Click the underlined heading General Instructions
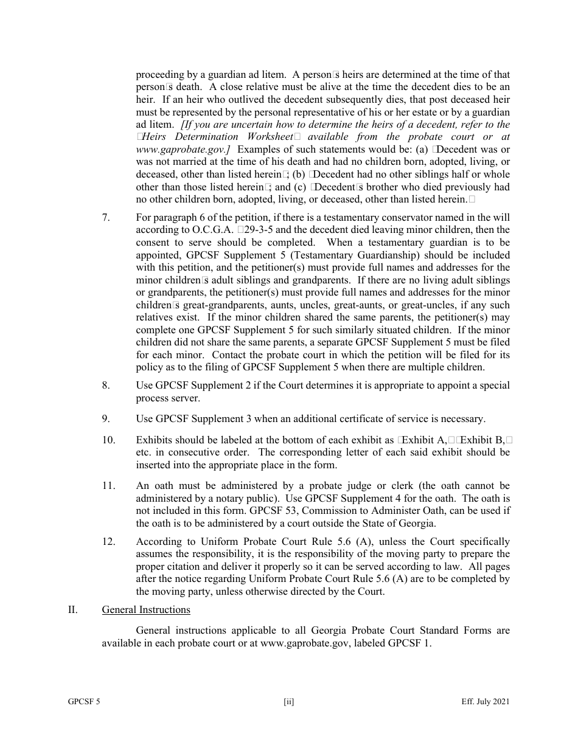click(x=146, y=609)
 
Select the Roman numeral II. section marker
click(x=72, y=609)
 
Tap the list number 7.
click(x=106, y=217)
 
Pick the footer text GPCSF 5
click(x=84, y=702)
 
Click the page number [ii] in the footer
click(x=288, y=702)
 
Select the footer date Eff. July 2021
click(x=486, y=702)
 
